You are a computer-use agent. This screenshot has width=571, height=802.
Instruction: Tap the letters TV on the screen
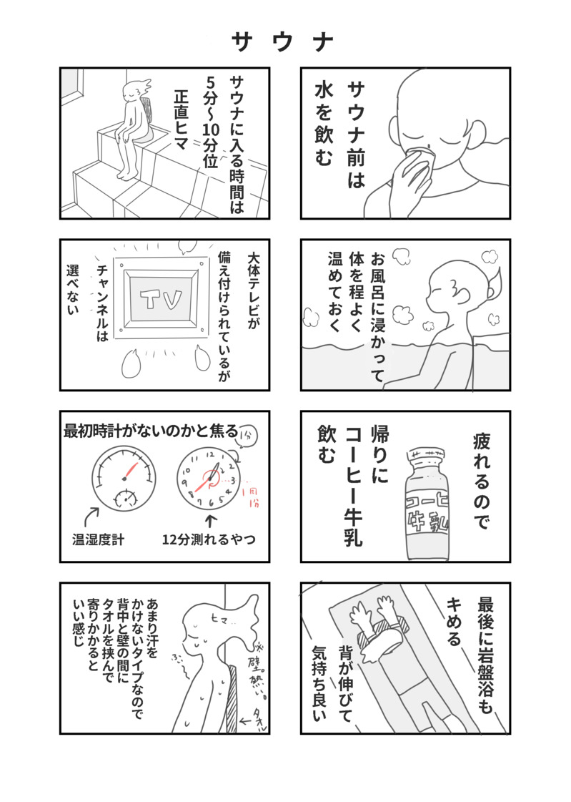click(x=161, y=300)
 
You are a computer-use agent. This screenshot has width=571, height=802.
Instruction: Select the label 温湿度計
click(x=98, y=539)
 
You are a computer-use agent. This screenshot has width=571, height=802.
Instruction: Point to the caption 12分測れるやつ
click(x=209, y=539)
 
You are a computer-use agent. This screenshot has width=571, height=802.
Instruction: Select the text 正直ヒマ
click(x=182, y=119)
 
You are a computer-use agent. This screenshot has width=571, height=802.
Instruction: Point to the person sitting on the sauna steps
click(x=131, y=129)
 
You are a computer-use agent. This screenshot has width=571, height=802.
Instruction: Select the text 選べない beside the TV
click(x=73, y=289)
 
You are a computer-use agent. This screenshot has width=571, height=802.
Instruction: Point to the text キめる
click(x=454, y=622)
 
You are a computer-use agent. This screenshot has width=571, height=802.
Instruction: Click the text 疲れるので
click(x=481, y=481)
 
